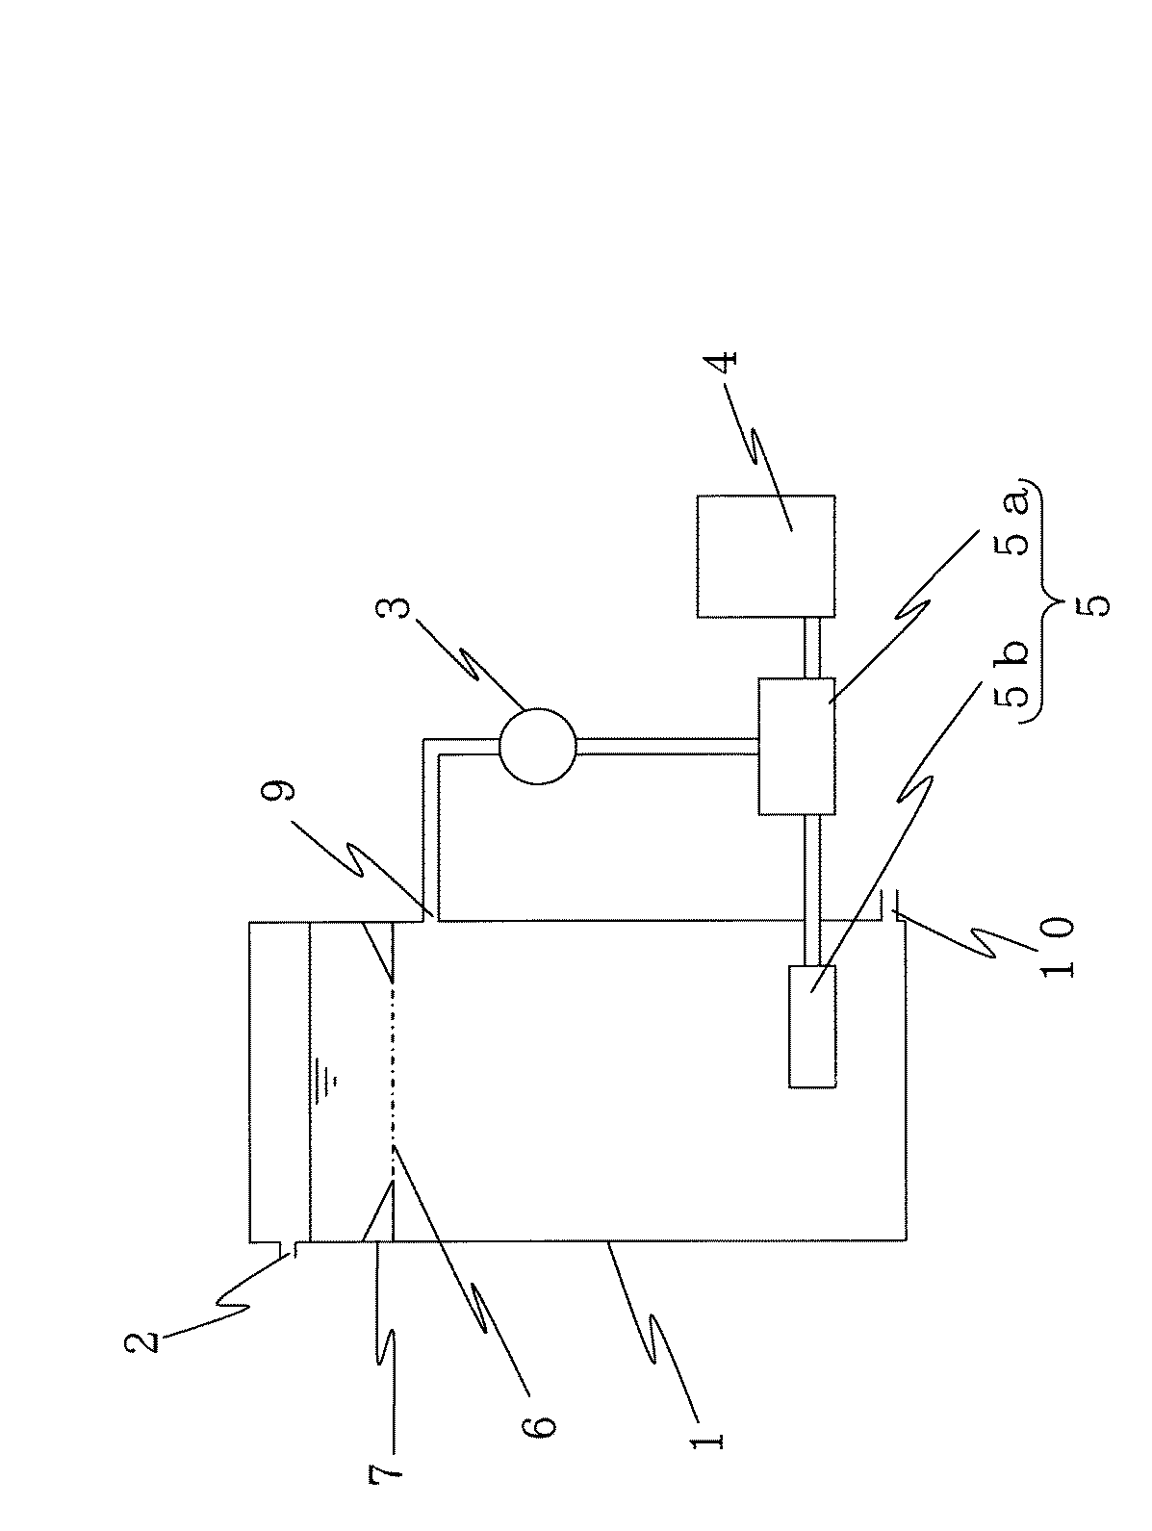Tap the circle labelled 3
tap(537, 745)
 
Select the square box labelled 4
tap(766, 555)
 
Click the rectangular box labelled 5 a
tap(796, 747)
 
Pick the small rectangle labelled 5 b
tap(811, 1026)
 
